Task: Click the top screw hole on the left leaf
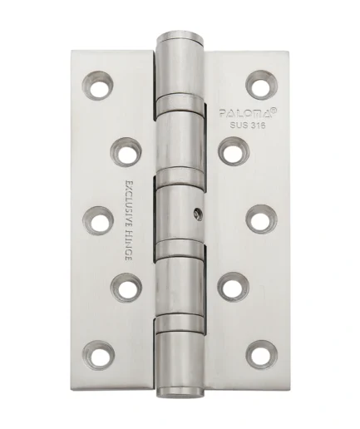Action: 98,85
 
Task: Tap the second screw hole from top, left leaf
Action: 126,152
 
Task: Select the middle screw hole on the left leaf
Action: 98,221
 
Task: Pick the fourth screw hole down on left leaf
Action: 126,288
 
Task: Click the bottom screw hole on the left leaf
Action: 99,356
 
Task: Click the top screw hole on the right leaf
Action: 261,85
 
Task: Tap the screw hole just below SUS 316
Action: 234,151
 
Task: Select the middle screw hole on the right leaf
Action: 261,219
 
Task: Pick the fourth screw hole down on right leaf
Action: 234,287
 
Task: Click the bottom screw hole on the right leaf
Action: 262,355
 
